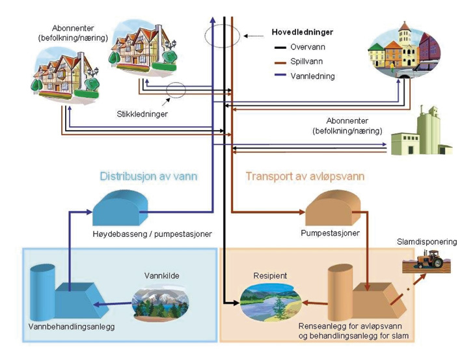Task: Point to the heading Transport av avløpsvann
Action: point(305,176)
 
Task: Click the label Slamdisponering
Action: point(427,242)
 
